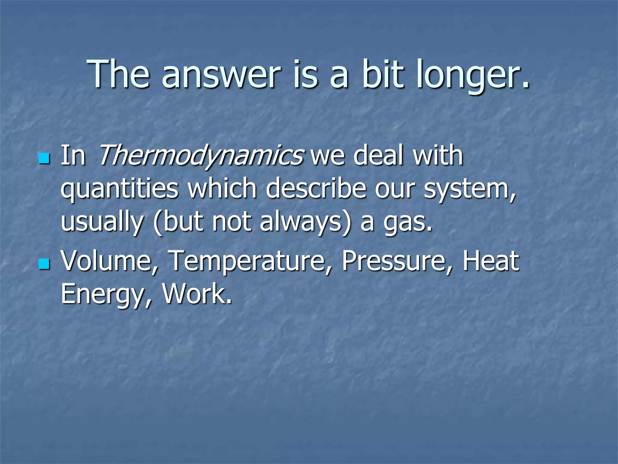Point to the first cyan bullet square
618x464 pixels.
[44, 158]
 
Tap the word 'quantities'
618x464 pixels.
[119, 189]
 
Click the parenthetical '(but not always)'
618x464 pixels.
[252, 222]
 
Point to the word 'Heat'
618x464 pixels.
[491, 261]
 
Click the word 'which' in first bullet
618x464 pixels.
[222, 189]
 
